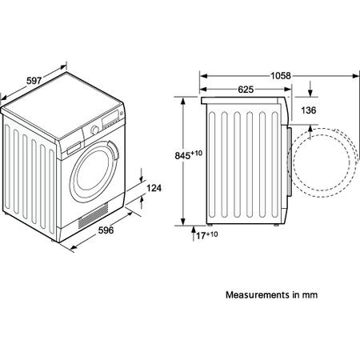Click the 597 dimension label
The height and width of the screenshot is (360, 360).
(34, 81)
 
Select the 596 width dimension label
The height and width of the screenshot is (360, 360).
(106, 230)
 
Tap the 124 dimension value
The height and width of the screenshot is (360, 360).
(154, 188)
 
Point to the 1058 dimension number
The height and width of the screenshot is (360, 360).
(281, 76)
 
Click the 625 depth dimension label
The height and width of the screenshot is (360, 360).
(246, 90)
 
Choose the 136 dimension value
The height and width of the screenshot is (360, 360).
(309, 110)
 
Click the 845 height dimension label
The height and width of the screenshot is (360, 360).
(182, 155)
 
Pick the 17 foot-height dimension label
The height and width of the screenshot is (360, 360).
(202, 236)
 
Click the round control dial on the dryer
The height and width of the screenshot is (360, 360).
(94, 130)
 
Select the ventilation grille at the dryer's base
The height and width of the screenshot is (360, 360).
(93, 215)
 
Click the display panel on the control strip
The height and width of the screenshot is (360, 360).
(110, 118)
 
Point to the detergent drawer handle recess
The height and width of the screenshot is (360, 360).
(74, 149)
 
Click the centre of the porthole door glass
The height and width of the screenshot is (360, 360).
(93, 172)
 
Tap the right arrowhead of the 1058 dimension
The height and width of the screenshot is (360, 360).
(356, 76)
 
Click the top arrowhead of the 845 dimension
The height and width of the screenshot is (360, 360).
(182, 102)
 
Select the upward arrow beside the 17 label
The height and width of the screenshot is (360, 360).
(194, 234)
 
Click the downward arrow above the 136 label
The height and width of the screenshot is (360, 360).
(310, 89)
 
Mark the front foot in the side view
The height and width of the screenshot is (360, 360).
(277, 225)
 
